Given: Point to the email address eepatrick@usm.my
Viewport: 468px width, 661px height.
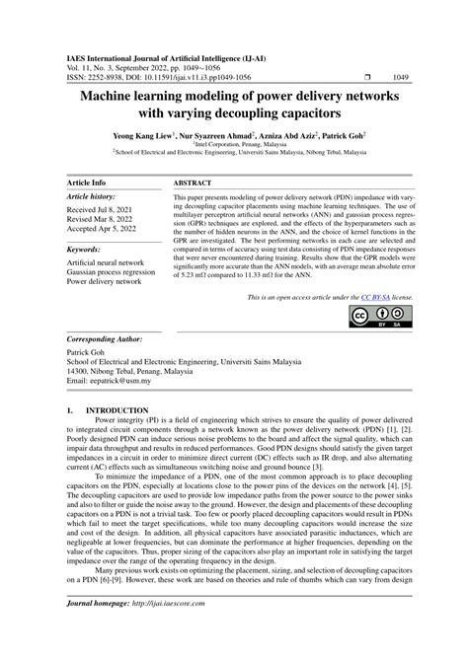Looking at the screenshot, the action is click(97, 382).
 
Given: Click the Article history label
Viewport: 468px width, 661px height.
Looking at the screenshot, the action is click(94, 197).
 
